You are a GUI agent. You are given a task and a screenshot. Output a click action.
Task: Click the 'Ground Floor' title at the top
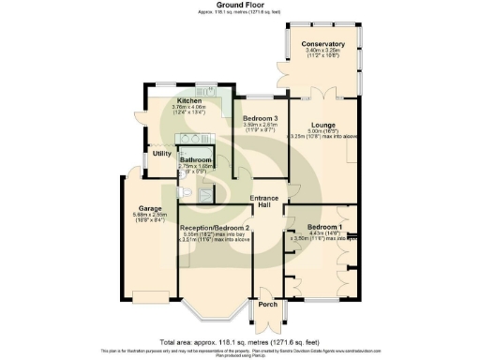[x=240, y=5]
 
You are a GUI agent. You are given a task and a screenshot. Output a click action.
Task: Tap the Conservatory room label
[x=322, y=44]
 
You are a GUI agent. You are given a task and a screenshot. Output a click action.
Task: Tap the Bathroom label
[x=197, y=159]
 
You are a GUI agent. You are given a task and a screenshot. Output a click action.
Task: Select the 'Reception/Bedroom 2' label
[x=216, y=228]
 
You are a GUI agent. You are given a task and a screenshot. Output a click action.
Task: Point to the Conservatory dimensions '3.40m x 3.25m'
[x=322, y=52]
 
